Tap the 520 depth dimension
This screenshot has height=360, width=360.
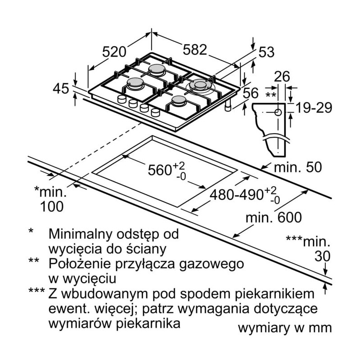click(x=113, y=52)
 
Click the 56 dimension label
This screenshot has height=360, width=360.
click(x=251, y=93)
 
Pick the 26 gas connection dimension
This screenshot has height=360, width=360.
click(x=282, y=76)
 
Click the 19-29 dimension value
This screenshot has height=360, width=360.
click(x=313, y=108)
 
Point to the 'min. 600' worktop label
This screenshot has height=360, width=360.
click(x=273, y=217)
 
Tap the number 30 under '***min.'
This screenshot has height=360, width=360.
click(x=322, y=256)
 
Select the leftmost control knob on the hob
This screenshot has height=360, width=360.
click(x=121, y=99)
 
